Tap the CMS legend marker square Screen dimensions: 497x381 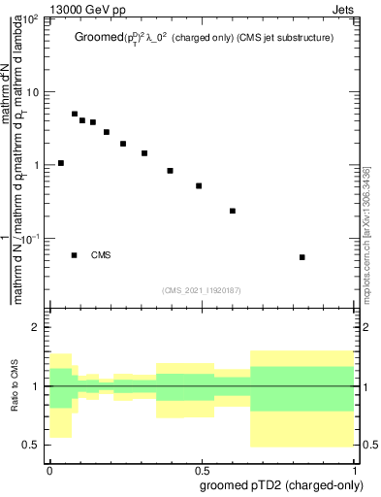[x=75, y=255]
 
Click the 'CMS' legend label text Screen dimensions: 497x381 [x=102, y=255]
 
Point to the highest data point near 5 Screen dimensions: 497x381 [x=75, y=114]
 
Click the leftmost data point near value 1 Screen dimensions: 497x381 [x=61, y=163]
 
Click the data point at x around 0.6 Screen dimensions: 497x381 [x=233, y=211]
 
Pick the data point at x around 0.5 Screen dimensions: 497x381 [x=199, y=185]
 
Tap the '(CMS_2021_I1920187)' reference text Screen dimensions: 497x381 [x=203, y=289]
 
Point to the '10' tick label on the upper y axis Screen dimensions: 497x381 [x=32, y=92]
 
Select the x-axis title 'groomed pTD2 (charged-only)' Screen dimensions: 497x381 [x=283, y=484]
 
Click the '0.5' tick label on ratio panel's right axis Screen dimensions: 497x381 [x=368, y=445]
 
